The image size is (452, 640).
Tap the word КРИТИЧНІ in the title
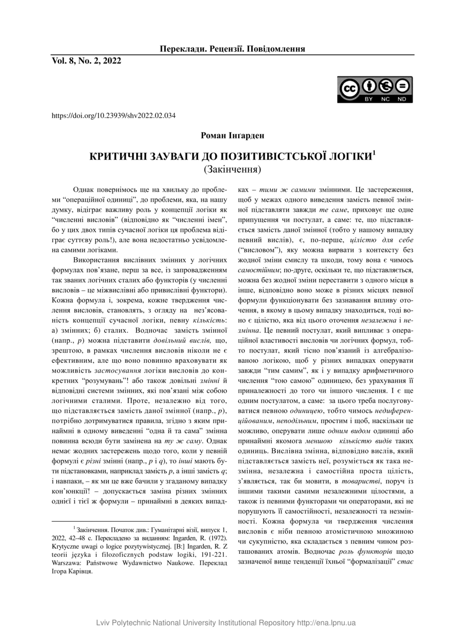tap(117, 155)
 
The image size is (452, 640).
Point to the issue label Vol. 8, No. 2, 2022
tap(86, 61)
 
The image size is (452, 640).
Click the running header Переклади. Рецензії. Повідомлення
tap(232, 49)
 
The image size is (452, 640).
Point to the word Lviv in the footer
tap(104, 623)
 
